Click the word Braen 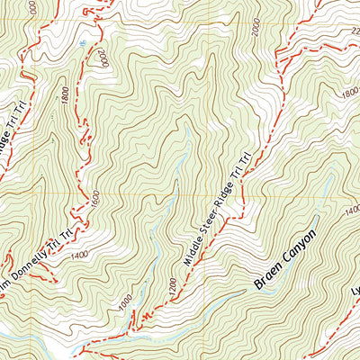268,278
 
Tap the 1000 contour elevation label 126,299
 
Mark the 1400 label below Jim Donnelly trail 79,256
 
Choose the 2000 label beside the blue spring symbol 104,60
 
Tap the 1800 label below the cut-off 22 348,94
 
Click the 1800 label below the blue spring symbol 66,95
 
